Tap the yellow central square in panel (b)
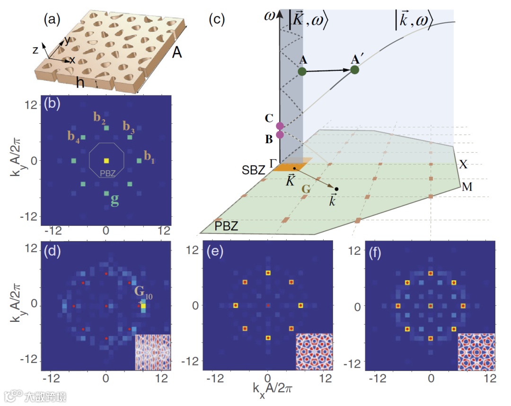pyautogui.click(x=106, y=161)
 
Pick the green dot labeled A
pyautogui.click(x=302, y=71)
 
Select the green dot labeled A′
pyautogui.click(x=354, y=70)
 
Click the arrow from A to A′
pyautogui.click(x=328, y=71)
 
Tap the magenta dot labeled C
pyautogui.click(x=280, y=126)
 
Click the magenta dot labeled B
pyautogui.click(x=280, y=134)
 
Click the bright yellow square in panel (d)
pyautogui.click(x=143, y=306)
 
